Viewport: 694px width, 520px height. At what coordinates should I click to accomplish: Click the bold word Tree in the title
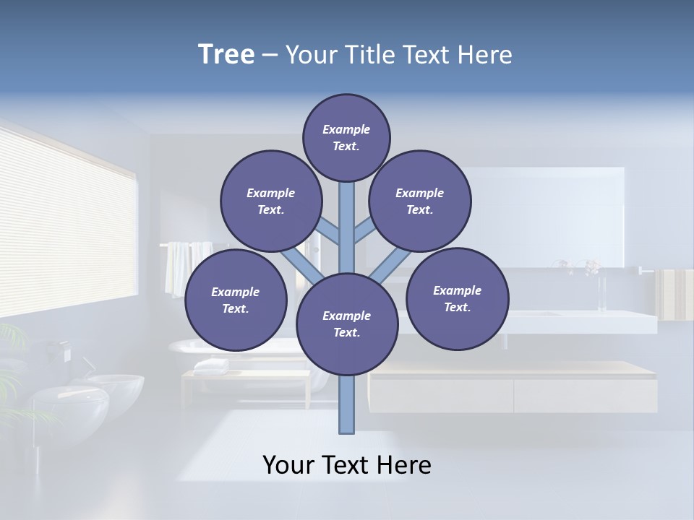(x=226, y=55)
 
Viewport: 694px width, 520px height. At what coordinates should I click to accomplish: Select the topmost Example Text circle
(x=346, y=137)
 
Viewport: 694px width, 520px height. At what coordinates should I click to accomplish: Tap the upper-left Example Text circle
(x=270, y=201)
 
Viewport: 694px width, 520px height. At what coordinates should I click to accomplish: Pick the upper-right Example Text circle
(x=420, y=201)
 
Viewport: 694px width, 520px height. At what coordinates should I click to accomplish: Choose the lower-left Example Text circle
(x=236, y=300)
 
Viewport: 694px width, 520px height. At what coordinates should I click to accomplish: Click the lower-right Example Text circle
(x=458, y=298)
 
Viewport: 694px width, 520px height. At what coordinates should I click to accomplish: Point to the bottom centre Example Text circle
(x=347, y=324)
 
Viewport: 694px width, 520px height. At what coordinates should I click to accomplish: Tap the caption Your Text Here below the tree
(x=347, y=465)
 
